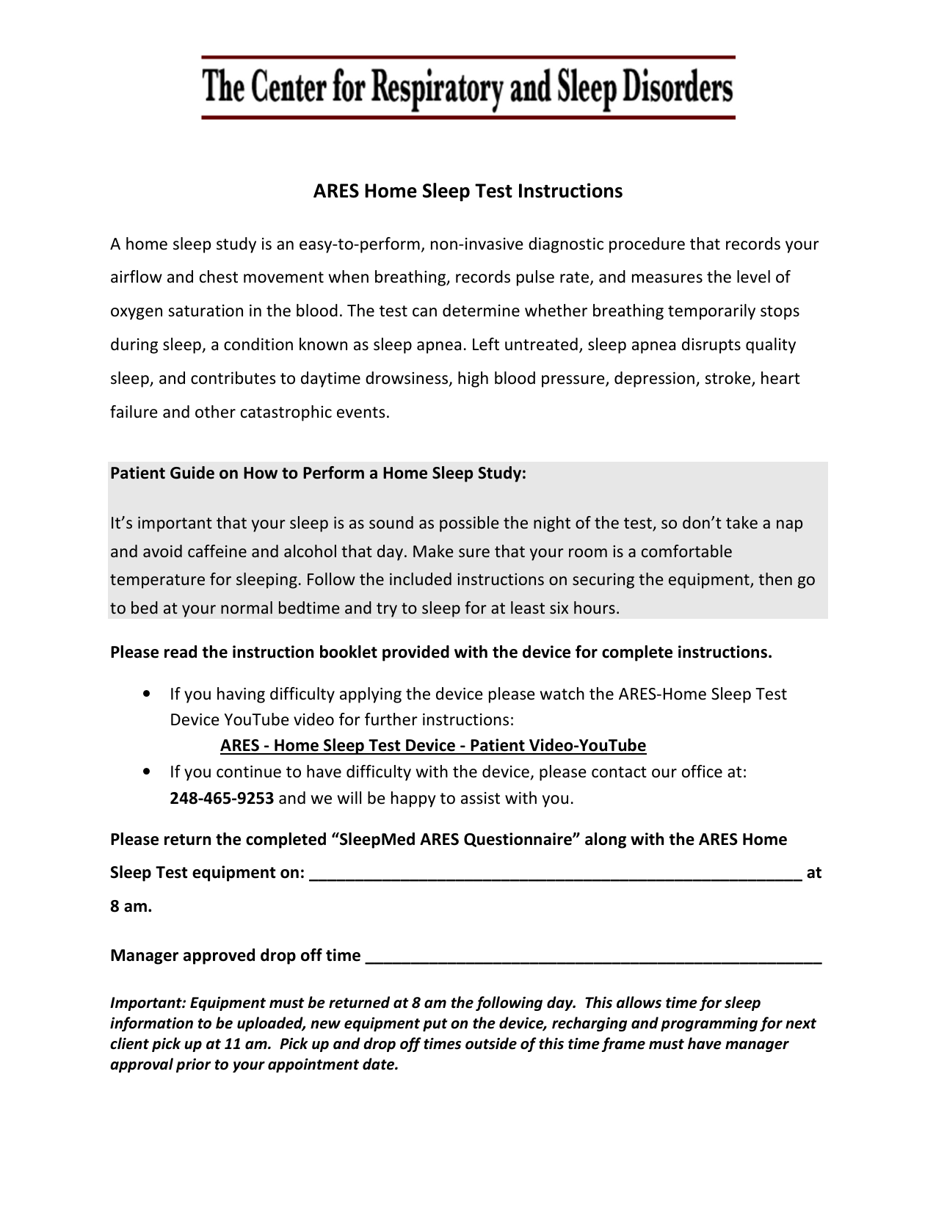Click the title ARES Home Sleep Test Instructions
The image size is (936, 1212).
pos(468,191)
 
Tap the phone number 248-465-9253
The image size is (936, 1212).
pos(221,798)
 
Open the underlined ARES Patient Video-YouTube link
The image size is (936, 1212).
pos(432,746)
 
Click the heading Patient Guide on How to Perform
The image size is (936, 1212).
pos(318,473)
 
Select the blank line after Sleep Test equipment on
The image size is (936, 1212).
pos(555,873)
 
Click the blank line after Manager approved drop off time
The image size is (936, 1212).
pos(592,956)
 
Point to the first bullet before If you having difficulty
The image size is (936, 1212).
pos(149,694)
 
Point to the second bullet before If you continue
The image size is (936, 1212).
pos(149,772)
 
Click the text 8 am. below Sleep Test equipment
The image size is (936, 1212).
pos(131,907)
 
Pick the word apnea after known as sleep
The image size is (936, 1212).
pos(442,345)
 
